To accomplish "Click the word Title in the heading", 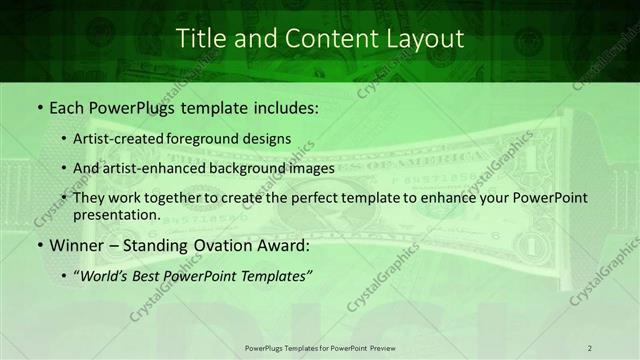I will tap(200, 39).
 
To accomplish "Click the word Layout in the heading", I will tap(427, 39).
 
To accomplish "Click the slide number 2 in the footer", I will tap(590, 348).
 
